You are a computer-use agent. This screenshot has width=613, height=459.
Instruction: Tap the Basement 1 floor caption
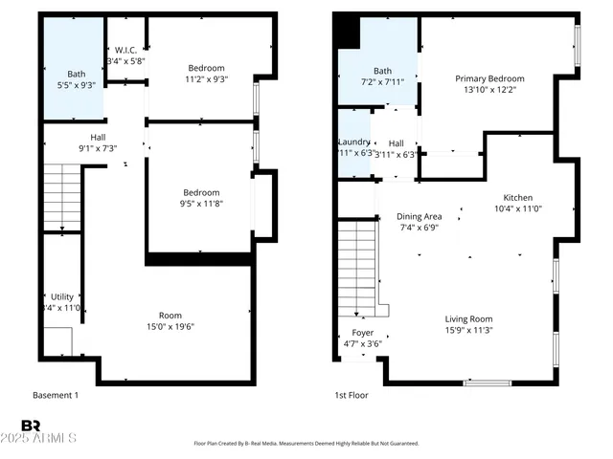(x=56, y=395)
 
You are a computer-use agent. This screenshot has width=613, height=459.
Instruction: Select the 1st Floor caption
(x=351, y=394)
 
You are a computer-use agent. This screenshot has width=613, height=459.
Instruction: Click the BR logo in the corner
(x=31, y=426)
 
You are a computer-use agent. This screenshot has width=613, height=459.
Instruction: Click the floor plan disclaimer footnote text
(x=306, y=444)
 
